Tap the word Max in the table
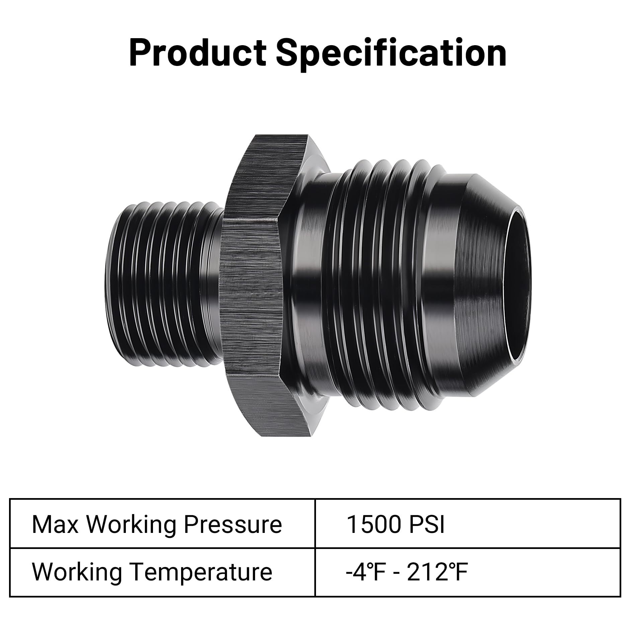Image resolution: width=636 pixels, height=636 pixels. pyautogui.click(x=55, y=524)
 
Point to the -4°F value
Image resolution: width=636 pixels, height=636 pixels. pyautogui.click(x=363, y=572)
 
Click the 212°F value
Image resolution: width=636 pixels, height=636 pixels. pyautogui.click(x=437, y=572)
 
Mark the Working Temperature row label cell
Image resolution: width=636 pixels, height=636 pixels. pyautogui.click(x=162, y=572)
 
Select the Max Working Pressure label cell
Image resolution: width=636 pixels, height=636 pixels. pyautogui.click(x=162, y=524)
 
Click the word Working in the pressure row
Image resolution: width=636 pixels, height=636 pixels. pyautogui.click(x=132, y=524)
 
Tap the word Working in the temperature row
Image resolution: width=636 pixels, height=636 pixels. pyautogui.click(x=77, y=572)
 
